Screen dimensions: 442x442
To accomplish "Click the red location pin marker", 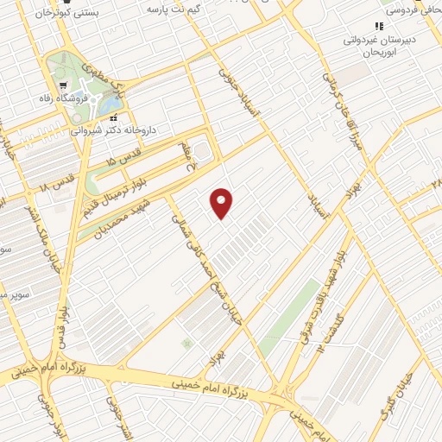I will coord(222,202).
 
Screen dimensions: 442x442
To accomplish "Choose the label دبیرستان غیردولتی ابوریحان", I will coord(382,45).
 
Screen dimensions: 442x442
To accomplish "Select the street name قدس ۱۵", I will coord(122,155).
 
